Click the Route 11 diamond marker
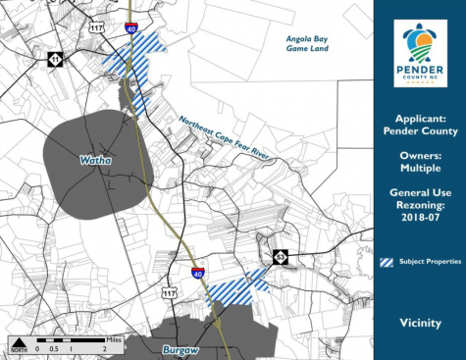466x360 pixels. coord(56,61)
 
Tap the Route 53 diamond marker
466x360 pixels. coord(281,257)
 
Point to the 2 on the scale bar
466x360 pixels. coord(103,348)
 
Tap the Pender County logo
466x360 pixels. coord(420,55)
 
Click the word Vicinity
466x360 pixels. coord(419,322)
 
